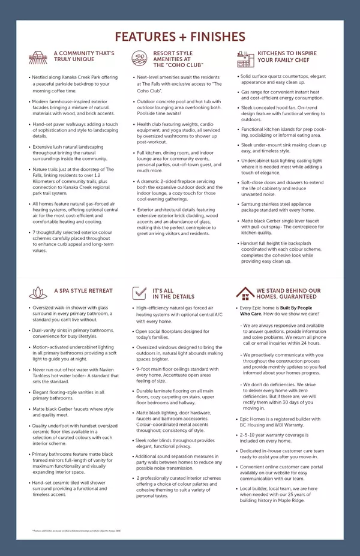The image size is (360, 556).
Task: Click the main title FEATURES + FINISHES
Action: pyautogui.click(x=180, y=37)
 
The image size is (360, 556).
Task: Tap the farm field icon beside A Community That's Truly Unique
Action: pyautogui.click(x=38, y=58)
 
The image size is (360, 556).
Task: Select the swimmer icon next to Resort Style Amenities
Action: pyautogui.click(x=139, y=58)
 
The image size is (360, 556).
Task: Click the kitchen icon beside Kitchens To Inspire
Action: pyautogui.click(x=245, y=58)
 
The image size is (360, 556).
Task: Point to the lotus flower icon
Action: pyautogui.click(x=38, y=293)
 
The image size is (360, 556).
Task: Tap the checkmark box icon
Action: pyautogui.click(x=140, y=293)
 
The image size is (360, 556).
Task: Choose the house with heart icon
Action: pyautogui.click(x=244, y=293)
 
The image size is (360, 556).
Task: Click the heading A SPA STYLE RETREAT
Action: pyautogui.click(x=83, y=291)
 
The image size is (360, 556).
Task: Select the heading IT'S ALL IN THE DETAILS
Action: pyautogui.click(x=173, y=293)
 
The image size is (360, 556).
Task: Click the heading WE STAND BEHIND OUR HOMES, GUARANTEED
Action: pyautogui.click(x=288, y=293)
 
